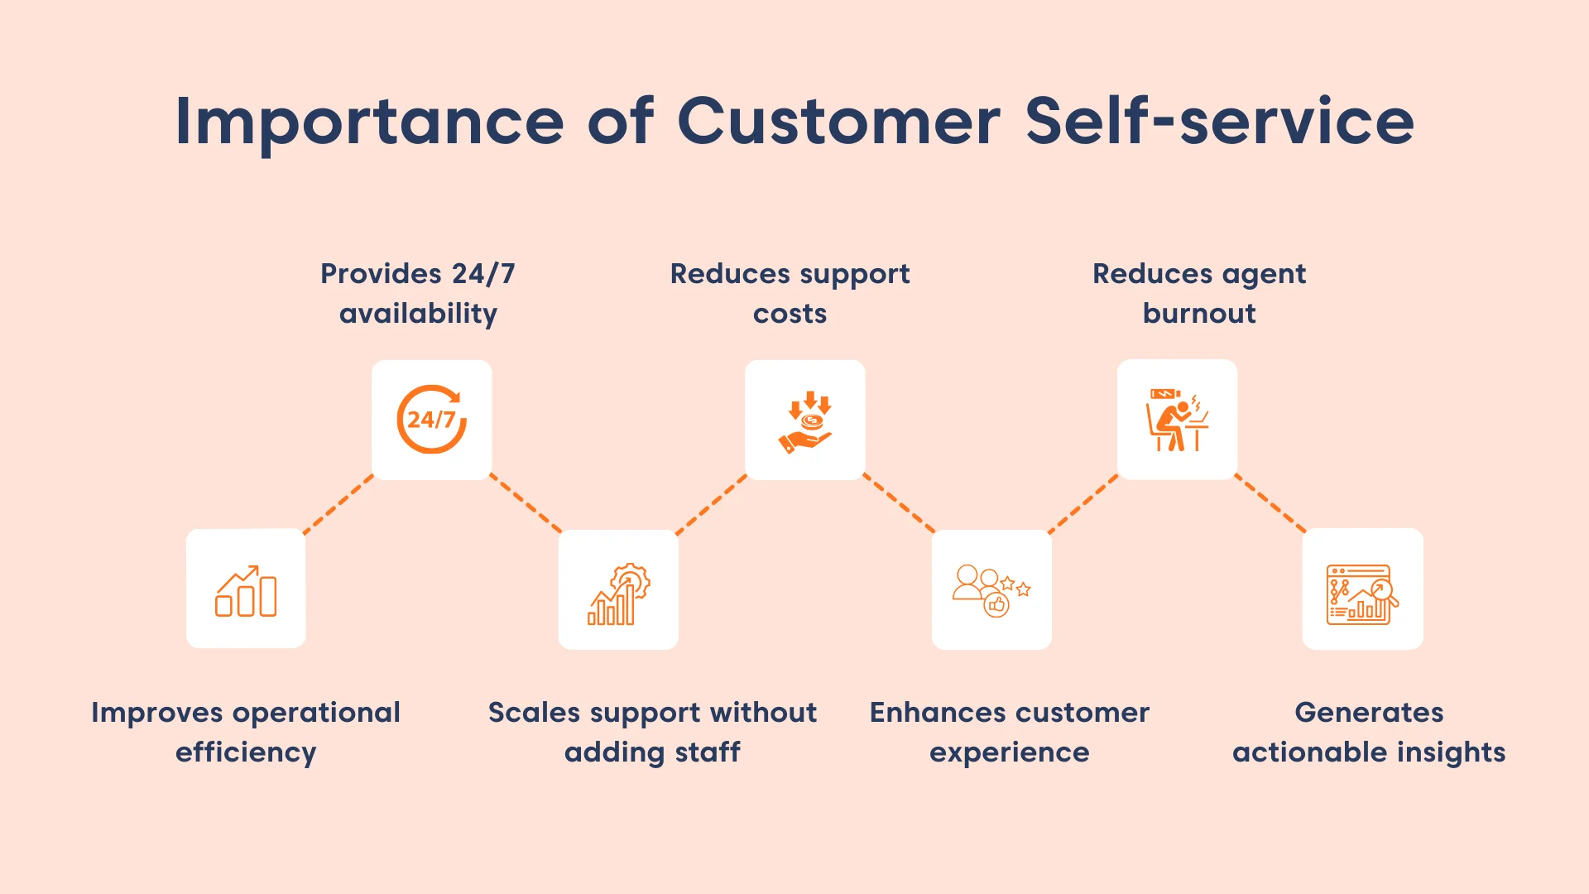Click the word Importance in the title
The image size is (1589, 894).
pyautogui.click(x=369, y=123)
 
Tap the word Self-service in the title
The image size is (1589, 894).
pyautogui.click(x=1219, y=121)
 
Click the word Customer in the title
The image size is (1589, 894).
pyautogui.click(x=838, y=121)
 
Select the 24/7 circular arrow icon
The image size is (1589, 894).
pyautogui.click(x=431, y=420)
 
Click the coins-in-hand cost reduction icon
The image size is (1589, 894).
pyautogui.click(x=805, y=421)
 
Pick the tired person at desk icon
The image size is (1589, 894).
pyautogui.click(x=1177, y=420)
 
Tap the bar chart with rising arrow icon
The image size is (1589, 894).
pyautogui.click(x=246, y=589)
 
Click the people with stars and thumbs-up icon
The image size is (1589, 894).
pyautogui.click(x=991, y=590)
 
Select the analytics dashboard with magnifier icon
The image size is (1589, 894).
pyautogui.click(x=1362, y=590)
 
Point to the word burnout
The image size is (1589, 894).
pyautogui.click(x=1199, y=314)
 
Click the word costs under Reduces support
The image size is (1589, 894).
pyautogui.click(x=790, y=314)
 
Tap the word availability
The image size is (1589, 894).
pyautogui.click(x=418, y=314)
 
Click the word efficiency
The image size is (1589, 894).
pyautogui.click(x=246, y=752)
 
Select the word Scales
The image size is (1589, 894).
pyautogui.click(x=534, y=713)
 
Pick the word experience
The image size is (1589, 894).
pyautogui.click(x=1009, y=752)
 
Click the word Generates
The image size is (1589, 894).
pyautogui.click(x=1369, y=713)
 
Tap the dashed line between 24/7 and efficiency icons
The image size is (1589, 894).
pyautogui.click(x=338, y=504)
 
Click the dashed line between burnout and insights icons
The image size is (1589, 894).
pyautogui.click(x=1270, y=503)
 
